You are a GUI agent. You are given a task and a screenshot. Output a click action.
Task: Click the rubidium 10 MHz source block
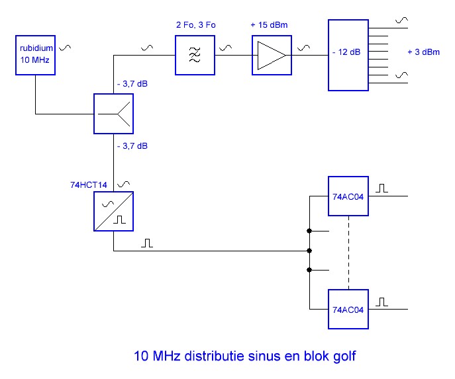click(x=35, y=55)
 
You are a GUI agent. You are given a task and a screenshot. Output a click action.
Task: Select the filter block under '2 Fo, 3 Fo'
click(x=195, y=55)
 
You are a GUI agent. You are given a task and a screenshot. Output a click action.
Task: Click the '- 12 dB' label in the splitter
click(x=346, y=52)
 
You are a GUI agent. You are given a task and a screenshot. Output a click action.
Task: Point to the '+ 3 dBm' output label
click(x=423, y=52)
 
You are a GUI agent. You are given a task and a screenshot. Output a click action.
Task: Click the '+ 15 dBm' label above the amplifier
click(x=269, y=25)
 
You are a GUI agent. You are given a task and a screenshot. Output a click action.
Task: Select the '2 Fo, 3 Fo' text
click(x=196, y=25)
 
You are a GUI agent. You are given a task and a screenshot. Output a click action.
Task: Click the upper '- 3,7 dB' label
click(x=132, y=84)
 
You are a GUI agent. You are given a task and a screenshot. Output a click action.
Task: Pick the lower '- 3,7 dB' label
click(x=132, y=146)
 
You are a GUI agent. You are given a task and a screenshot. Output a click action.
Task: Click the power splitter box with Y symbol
click(x=113, y=114)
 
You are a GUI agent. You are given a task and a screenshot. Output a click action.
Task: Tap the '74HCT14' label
click(x=89, y=185)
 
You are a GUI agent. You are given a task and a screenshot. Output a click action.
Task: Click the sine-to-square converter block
click(x=113, y=211)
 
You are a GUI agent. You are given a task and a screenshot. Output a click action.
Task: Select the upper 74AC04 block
click(x=348, y=196)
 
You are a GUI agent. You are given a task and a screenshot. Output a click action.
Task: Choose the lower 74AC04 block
click(x=348, y=309)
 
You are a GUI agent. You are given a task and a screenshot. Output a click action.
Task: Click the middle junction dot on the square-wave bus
click(x=309, y=251)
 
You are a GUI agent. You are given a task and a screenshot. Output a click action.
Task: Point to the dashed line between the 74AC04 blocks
click(x=348, y=253)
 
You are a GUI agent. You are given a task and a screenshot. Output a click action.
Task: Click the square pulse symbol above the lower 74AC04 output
click(x=381, y=302)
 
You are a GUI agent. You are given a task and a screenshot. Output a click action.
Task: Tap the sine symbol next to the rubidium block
click(x=65, y=48)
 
